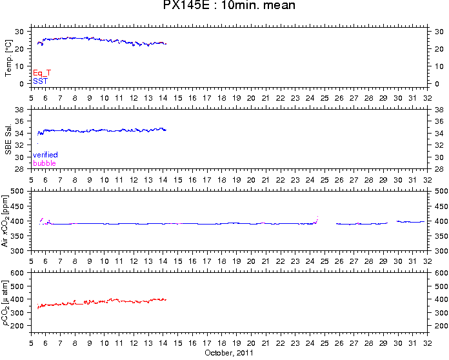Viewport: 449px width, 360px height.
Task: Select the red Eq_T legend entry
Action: (x=42, y=74)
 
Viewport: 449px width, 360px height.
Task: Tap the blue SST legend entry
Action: (x=39, y=81)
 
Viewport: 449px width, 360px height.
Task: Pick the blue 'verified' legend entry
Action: (x=45, y=155)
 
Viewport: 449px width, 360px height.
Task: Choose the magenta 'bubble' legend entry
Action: (x=44, y=163)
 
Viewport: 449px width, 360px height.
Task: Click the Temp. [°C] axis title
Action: (x=9, y=58)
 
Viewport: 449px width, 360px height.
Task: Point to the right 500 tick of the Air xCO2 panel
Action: (x=438, y=192)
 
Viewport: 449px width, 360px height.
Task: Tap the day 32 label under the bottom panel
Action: (x=427, y=343)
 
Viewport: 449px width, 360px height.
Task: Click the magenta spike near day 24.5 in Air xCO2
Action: (x=317, y=219)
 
